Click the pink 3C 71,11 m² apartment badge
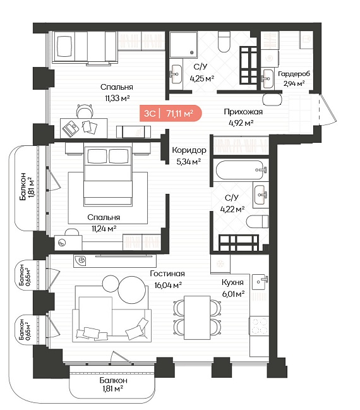(x=171, y=113)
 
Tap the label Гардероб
(x=294, y=74)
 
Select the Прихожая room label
(x=243, y=112)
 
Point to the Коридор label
(x=189, y=150)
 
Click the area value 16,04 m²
(x=168, y=285)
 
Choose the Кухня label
(x=232, y=282)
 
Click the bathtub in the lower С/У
(x=240, y=170)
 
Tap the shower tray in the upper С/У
(x=183, y=45)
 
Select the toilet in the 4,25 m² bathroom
(x=224, y=42)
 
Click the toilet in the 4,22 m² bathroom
(x=258, y=222)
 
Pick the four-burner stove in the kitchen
(x=258, y=325)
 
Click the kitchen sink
(x=260, y=282)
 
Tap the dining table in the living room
(x=197, y=318)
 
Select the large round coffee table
(x=132, y=290)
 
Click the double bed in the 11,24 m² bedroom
(x=108, y=174)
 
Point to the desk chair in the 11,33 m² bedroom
(x=85, y=111)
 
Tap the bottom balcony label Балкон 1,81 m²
(x=113, y=384)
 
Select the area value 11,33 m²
(x=117, y=99)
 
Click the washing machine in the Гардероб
(x=270, y=58)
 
